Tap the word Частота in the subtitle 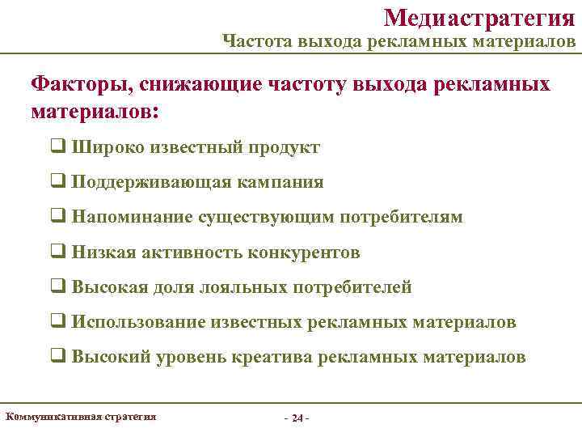click(x=251, y=40)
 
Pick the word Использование click(x=138, y=322)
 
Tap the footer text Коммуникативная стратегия click(x=81, y=417)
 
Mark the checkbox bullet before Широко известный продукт click(x=58, y=148)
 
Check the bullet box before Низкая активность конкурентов click(x=58, y=252)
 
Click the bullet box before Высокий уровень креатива click(x=58, y=357)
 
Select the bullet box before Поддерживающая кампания click(x=58, y=183)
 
